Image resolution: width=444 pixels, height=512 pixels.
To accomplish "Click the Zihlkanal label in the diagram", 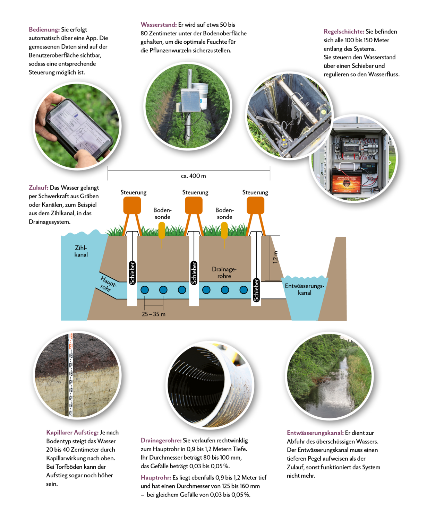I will tap(81, 251).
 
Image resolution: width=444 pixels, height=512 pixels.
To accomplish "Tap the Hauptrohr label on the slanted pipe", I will tap(107, 284).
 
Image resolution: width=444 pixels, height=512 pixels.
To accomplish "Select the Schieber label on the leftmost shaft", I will tap(132, 273).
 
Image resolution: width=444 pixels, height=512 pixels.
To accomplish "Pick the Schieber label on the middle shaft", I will tap(194, 273).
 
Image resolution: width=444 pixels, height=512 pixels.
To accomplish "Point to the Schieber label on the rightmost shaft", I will tap(256, 290).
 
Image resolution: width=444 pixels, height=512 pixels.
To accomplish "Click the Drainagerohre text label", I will tap(224, 272).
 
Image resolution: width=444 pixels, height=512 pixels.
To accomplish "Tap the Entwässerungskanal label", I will tap(305, 289).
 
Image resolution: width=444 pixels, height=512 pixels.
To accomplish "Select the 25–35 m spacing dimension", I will tap(154, 314).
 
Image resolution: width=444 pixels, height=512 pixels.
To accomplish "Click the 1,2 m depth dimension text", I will tap(275, 257).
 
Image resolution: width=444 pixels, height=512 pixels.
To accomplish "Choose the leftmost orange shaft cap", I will tap(132, 205).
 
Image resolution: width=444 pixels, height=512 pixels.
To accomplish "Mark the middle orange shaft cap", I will tap(194, 205).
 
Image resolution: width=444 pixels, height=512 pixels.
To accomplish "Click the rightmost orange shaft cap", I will tap(255, 205).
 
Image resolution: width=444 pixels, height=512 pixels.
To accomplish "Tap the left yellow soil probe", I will tap(162, 230).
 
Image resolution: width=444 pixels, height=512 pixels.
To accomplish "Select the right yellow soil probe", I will tap(224, 230).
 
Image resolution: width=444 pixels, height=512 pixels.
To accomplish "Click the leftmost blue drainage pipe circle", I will tap(145, 290).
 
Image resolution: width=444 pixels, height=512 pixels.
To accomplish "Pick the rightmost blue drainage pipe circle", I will tap(244, 290).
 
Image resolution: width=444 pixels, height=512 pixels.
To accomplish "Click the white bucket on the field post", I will tap(200, 94).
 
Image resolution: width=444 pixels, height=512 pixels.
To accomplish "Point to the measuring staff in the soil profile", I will tap(71, 374).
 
